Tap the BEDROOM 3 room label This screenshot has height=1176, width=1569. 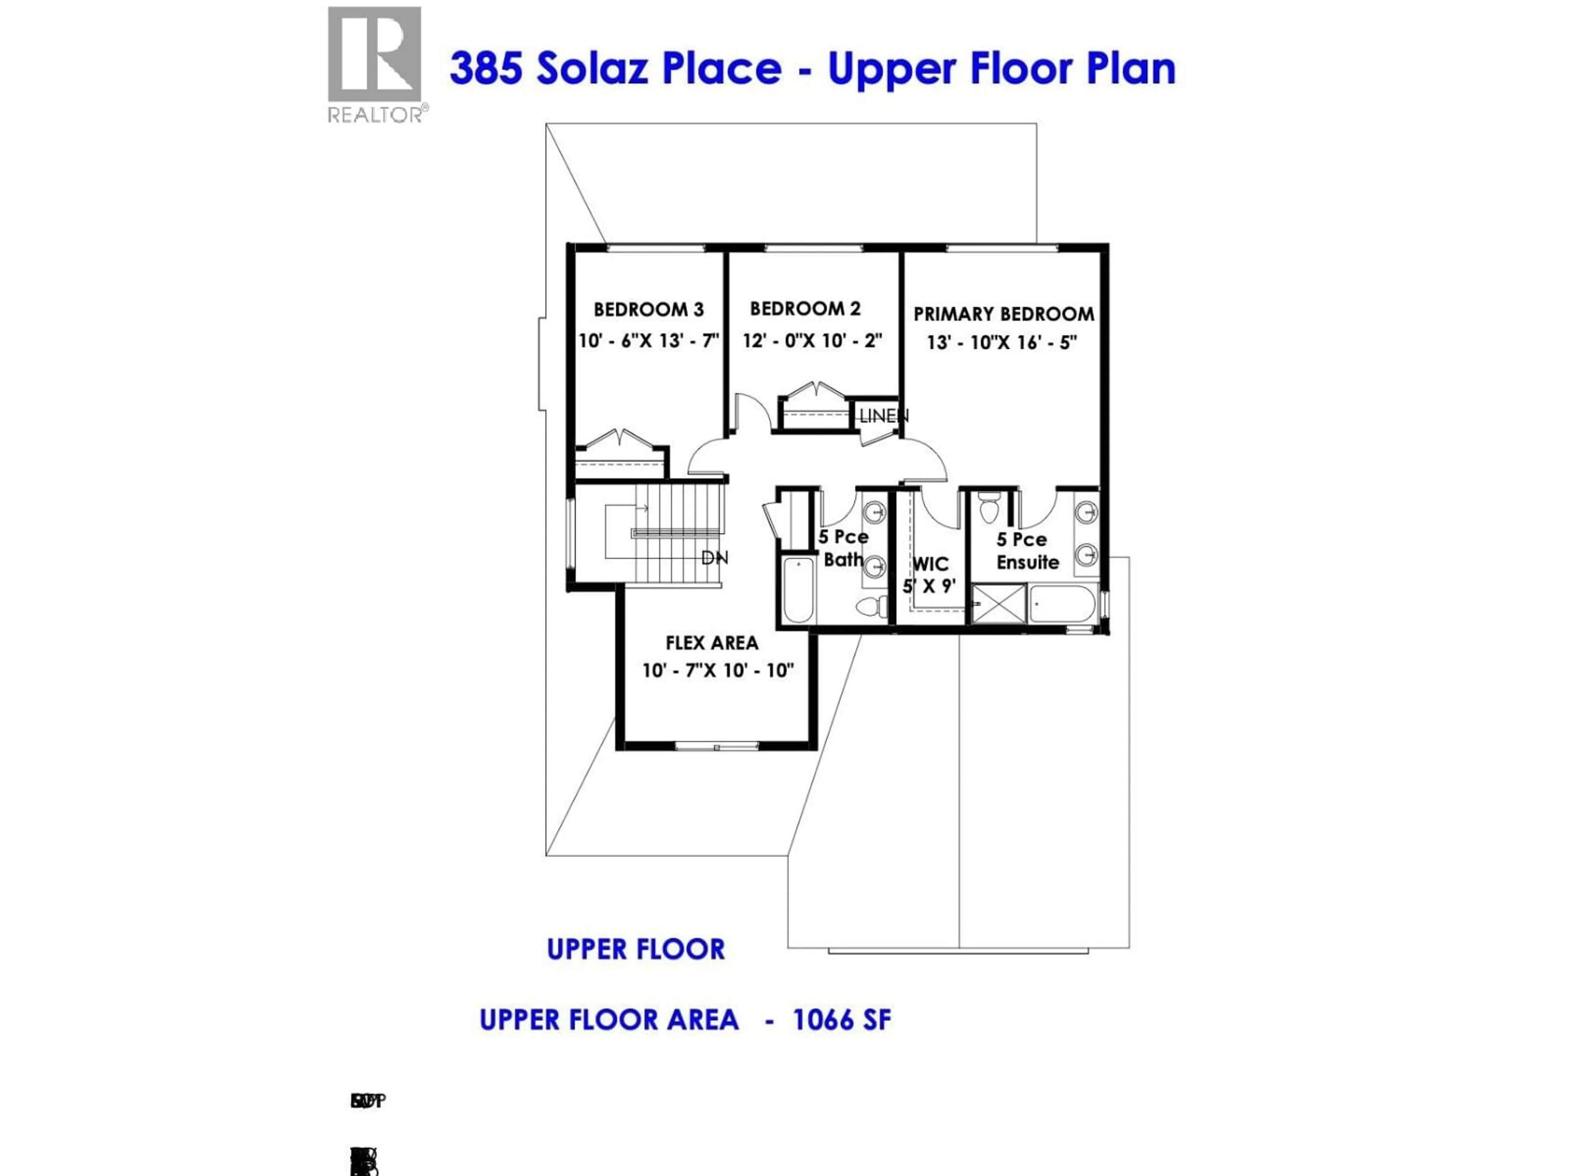(x=648, y=310)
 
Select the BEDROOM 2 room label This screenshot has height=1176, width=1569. (x=805, y=309)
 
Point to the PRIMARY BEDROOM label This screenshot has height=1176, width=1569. (x=1003, y=314)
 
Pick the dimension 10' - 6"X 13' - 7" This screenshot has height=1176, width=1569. (x=648, y=341)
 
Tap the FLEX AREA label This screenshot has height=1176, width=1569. (x=711, y=643)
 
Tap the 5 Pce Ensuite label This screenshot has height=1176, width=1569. (x=1026, y=551)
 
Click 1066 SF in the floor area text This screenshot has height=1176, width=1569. (x=841, y=1020)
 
